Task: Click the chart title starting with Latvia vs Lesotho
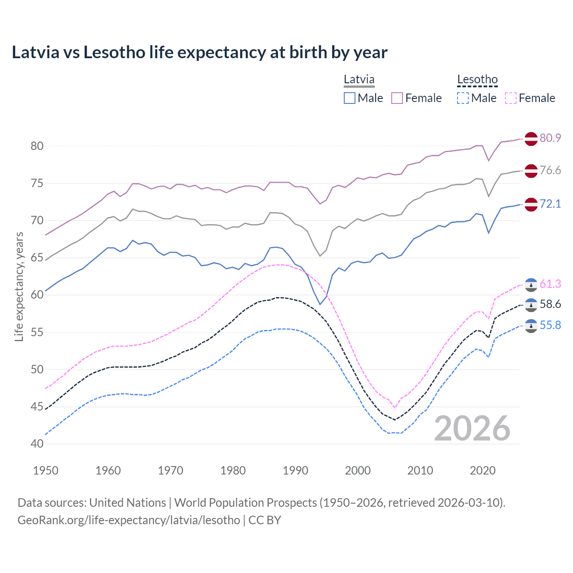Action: pyautogui.click(x=199, y=52)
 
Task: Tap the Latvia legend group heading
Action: pyautogui.click(x=359, y=80)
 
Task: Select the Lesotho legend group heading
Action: pyautogui.click(x=477, y=80)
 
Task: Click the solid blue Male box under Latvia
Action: pyautogui.click(x=350, y=98)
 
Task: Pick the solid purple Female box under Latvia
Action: pyautogui.click(x=397, y=98)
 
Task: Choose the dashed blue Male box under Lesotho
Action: pyautogui.click(x=463, y=98)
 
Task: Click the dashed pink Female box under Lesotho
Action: pyautogui.click(x=510, y=98)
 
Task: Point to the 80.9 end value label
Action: pyautogui.click(x=550, y=138)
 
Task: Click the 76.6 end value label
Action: pyautogui.click(x=550, y=170)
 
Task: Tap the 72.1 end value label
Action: pyautogui.click(x=550, y=204)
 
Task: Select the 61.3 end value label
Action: pyautogui.click(x=550, y=284)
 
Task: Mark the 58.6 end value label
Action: pyautogui.click(x=550, y=304)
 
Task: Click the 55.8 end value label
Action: pyautogui.click(x=550, y=325)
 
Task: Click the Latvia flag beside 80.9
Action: pyautogui.click(x=531, y=139)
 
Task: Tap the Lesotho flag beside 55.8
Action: pyautogui.click(x=531, y=326)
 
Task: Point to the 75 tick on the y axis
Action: pyautogui.click(x=37, y=183)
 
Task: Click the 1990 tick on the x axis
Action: pyautogui.click(x=295, y=470)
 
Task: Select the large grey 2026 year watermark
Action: pyautogui.click(x=472, y=428)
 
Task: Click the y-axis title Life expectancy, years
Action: pyautogui.click(x=19, y=286)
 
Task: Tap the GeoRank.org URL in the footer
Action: pyautogui.click(x=129, y=520)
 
